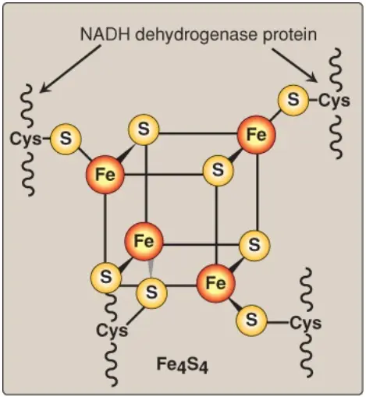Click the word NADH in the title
pos(105,34)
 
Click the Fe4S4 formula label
pos(183,365)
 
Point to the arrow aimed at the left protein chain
pos(70,69)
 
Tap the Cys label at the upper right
pos(334,101)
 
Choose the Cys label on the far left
pos(26,139)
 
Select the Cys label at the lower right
pos(306,323)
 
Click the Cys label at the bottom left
pos(112,331)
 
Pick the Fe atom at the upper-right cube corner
pos(256,135)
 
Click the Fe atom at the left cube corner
pos(105,175)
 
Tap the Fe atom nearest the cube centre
pos(144,241)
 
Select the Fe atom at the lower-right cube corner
pos(216,283)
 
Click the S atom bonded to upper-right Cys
pos(293,100)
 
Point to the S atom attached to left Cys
pos(66,139)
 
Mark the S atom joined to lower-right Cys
pos(251,321)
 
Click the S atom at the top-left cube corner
pos(144,129)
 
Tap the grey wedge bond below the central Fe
pos(151,268)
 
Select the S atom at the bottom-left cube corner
pos(106,278)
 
